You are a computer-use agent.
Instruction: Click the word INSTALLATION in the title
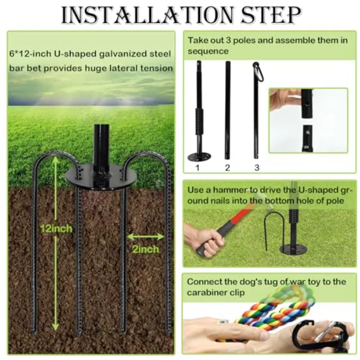147,15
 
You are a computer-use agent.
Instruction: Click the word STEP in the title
270,15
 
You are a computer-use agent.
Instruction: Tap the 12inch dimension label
56,229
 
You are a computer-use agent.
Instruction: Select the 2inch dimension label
146,249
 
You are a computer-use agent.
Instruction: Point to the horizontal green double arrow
146,237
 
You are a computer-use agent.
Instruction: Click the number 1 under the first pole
198,168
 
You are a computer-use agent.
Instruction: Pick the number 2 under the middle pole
227,168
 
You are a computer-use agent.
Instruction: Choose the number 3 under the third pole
257,168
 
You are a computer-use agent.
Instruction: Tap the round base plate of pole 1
199,157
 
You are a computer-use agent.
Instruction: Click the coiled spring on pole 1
199,122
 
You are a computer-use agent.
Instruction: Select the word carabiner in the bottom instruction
206,293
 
